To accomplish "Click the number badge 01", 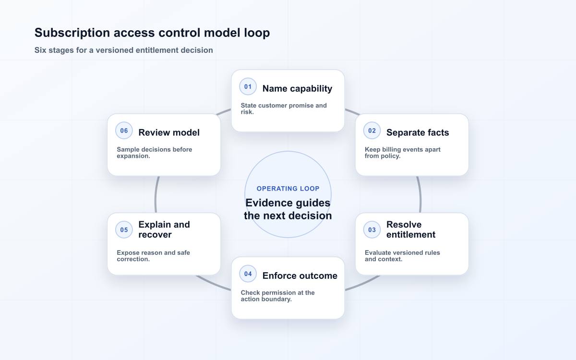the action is [248, 87].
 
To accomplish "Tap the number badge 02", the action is [372, 131].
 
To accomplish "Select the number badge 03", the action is [372, 229].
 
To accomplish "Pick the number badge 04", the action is [248, 274].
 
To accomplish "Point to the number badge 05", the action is [124, 229].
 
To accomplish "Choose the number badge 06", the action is [124, 131].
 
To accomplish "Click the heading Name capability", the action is [297, 88].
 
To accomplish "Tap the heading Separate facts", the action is [418, 132].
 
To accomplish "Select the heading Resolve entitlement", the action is [411, 229].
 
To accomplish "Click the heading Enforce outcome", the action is [300, 276].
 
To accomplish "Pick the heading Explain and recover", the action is [164, 229].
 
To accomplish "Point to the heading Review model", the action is [169, 132].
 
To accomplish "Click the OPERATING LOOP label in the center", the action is [288, 189].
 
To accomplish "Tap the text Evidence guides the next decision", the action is [288, 209].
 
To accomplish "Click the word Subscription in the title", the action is [72, 33].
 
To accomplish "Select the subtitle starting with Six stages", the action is [124, 50].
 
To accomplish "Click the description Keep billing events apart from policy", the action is [403, 153].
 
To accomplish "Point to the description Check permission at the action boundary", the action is [278, 296].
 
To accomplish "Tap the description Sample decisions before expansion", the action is [154, 153].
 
